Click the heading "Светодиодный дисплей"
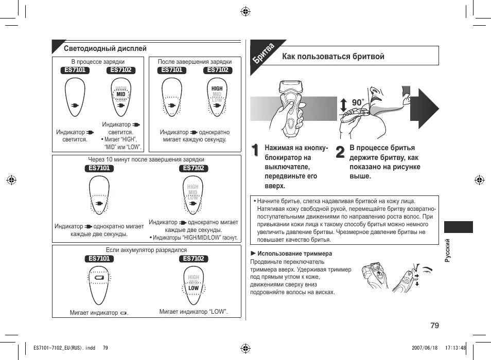pyautogui.click(x=105, y=49)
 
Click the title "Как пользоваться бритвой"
pyautogui.click(x=333, y=57)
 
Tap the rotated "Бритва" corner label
pyautogui.click(x=263, y=53)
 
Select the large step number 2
pyautogui.click(x=340, y=152)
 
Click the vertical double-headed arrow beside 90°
pyautogui.click(x=344, y=105)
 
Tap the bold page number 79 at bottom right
pyautogui.click(x=434, y=325)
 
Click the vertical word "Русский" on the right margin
pyautogui.click(x=447, y=252)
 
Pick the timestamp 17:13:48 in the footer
pyautogui.click(x=455, y=348)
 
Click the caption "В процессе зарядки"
pyautogui.click(x=98, y=62)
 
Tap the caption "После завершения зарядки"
pyautogui.click(x=195, y=62)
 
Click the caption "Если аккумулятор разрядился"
pyautogui.click(x=146, y=250)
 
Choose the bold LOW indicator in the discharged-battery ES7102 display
pyautogui.click(x=194, y=289)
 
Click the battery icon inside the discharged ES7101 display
pyautogui.click(x=98, y=278)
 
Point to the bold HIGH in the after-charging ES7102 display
pyautogui.click(x=217, y=88)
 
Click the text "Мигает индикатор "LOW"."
pyautogui.click(x=193, y=312)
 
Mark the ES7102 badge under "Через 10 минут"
pyautogui.click(x=194, y=168)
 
